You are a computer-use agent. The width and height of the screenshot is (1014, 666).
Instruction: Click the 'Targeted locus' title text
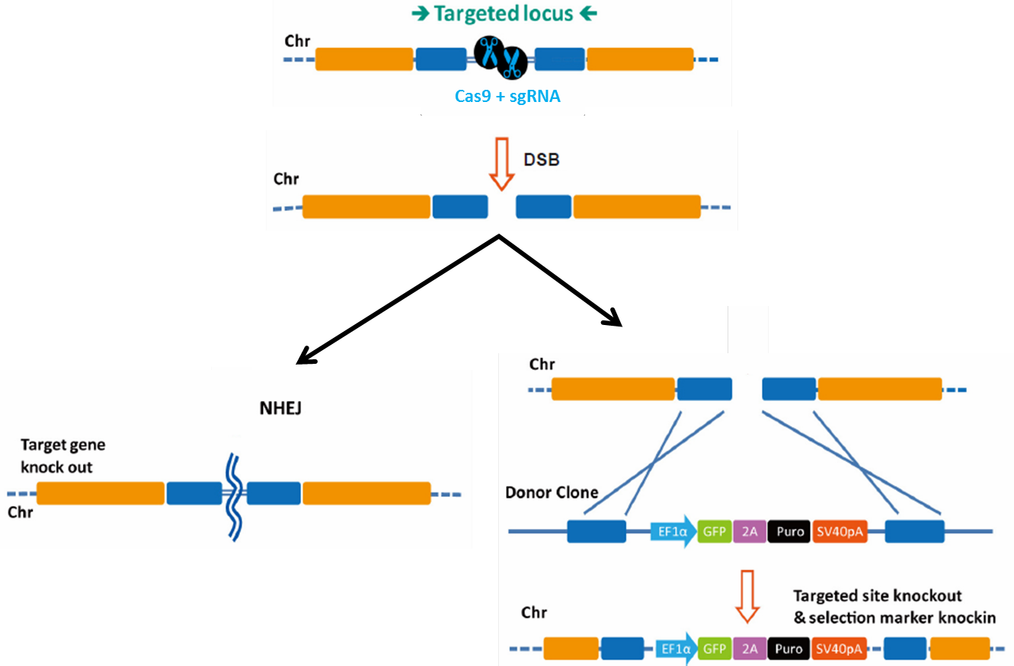tap(504, 14)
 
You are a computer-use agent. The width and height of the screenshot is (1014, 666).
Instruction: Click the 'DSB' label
tap(542, 160)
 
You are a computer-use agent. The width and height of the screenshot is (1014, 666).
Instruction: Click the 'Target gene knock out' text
tap(62, 455)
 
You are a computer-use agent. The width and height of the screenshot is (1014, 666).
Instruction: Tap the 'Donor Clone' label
tap(552, 492)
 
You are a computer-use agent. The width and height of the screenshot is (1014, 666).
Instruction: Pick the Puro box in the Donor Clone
tap(790, 531)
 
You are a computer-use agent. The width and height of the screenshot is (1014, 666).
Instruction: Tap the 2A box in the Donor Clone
tap(751, 531)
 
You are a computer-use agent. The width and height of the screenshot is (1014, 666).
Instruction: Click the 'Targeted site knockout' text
tap(878, 595)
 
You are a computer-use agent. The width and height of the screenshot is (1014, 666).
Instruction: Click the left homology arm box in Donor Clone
tap(597, 531)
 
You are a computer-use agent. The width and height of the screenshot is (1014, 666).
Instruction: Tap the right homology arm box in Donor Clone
tap(914, 531)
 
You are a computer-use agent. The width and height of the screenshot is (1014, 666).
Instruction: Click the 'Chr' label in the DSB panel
tap(286, 180)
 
